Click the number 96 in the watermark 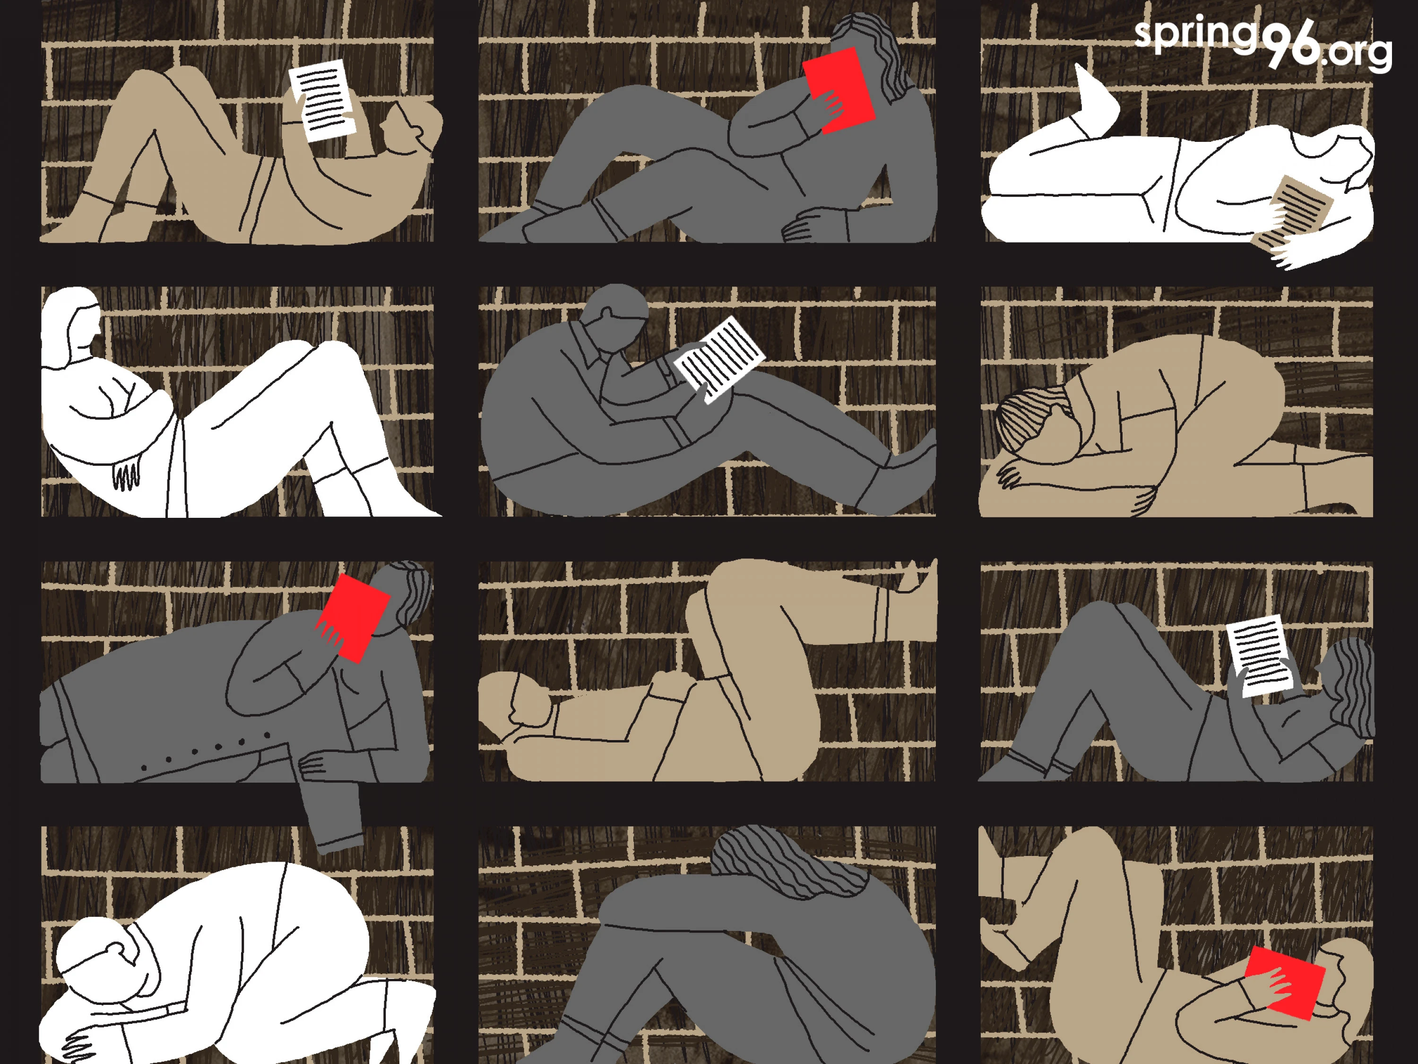point(1293,43)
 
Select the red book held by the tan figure point(1284,982)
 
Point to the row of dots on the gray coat point(205,751)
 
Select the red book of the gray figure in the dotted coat point(353,618)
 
